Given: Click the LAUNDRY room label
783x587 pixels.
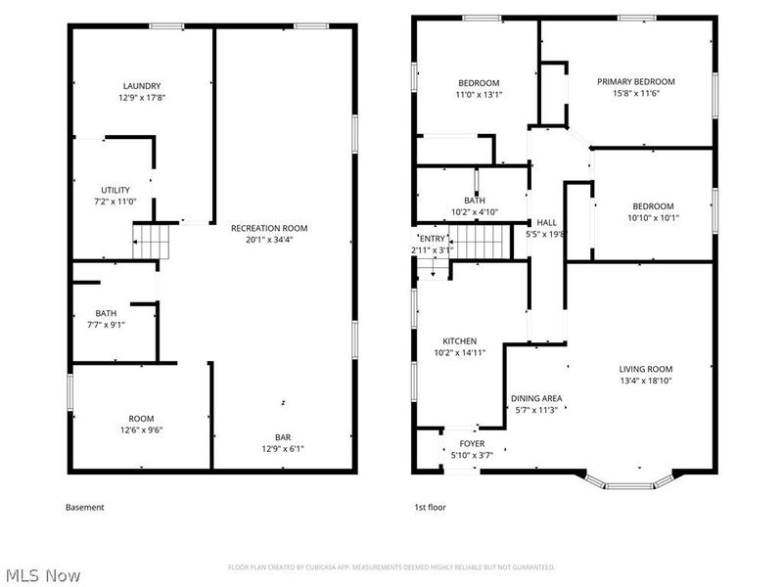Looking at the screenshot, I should click(x=142, y=86).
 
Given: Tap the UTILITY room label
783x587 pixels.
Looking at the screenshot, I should click(x=115, y=190).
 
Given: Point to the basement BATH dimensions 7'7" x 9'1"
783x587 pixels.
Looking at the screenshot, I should click(x=106, y=325).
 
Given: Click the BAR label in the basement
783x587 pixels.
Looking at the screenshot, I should click(x=282, y=437).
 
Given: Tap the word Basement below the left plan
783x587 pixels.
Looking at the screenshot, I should click(x=84, y=508).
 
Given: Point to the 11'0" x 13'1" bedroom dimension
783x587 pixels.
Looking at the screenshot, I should click(x=479, y=95).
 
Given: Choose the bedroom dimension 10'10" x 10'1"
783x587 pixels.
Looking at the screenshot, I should click(x=653, y=218).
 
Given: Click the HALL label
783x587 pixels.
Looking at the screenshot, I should click(x=546, y=222).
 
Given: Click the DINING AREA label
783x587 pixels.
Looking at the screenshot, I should click(x=536, y=398).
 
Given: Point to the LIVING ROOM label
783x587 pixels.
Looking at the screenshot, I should click(x=645, y=369).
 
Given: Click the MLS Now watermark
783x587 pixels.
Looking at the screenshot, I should click(x=44, y=575).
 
